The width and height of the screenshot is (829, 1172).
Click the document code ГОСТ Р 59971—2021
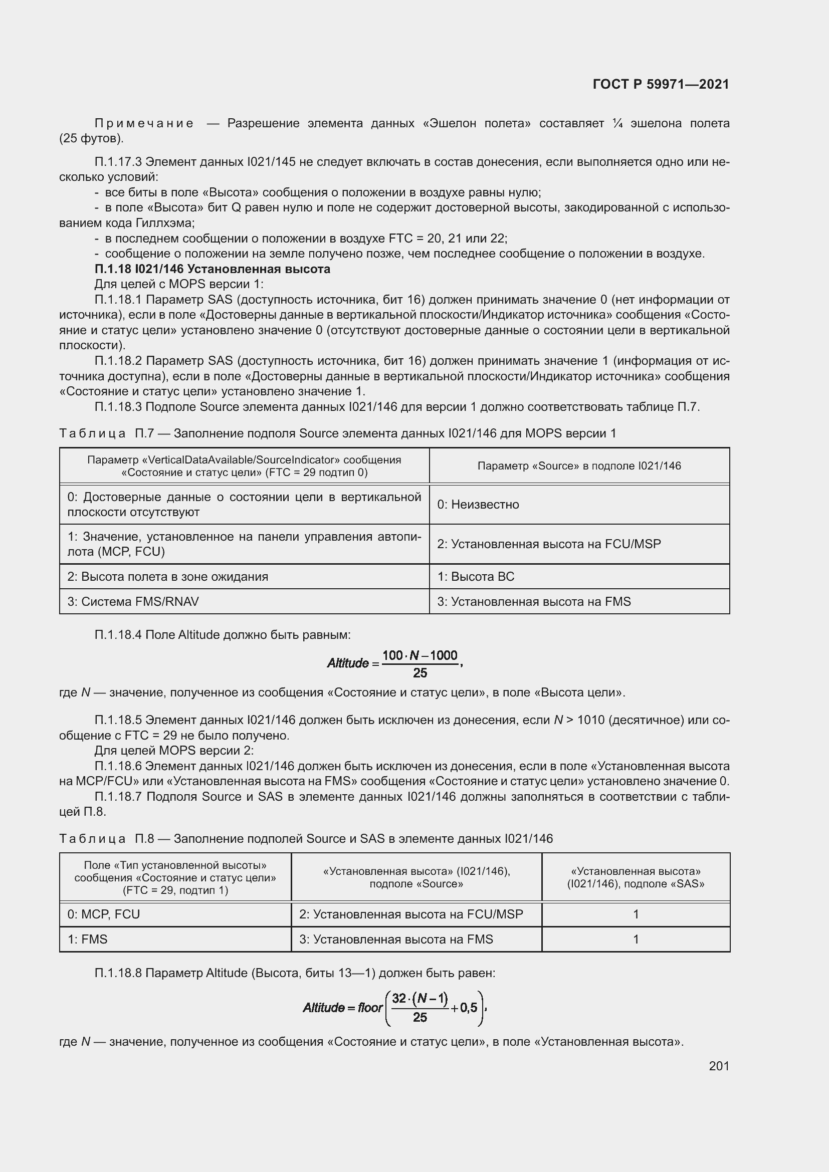661,84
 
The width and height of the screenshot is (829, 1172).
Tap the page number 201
719,1066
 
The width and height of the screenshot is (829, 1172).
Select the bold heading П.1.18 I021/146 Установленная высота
213,269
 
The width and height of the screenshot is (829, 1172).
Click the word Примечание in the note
144,124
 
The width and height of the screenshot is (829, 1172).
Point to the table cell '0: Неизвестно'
478,505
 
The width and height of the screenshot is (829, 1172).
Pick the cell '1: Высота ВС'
476,576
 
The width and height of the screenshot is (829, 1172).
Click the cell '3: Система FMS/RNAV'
133,601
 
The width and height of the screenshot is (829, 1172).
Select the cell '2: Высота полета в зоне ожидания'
168,576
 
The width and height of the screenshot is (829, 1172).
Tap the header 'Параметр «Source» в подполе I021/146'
579,465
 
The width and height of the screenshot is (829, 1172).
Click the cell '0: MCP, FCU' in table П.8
104,914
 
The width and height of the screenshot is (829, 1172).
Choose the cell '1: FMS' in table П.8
87,939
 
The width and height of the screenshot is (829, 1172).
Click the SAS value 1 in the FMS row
636,939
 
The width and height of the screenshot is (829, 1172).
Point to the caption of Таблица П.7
337,433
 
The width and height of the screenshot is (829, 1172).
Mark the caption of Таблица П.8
305,839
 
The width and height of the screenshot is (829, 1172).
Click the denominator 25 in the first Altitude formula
420,673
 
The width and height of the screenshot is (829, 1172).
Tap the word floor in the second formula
370,1008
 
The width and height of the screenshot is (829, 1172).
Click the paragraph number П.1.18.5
118,720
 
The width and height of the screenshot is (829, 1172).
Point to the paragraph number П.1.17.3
118,162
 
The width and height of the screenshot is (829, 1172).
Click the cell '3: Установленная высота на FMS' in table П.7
533,601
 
